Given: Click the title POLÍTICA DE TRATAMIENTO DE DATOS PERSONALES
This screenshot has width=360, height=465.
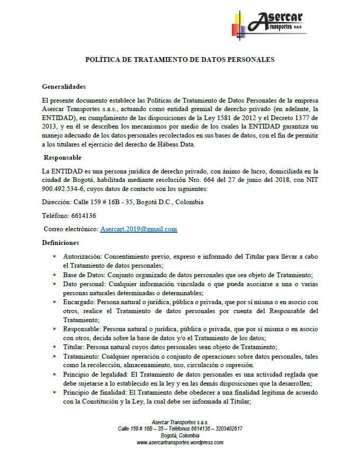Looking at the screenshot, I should tap(180, 60).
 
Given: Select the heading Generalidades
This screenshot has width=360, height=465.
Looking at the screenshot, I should tap(64, 87).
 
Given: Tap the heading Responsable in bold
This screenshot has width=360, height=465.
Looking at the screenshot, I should tap(62, 158).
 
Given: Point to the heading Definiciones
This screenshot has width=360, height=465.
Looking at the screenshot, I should tap(60, 243).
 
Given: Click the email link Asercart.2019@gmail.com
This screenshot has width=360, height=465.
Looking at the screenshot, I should tap(138, 229).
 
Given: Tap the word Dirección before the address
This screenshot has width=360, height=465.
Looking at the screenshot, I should tap(56, 202).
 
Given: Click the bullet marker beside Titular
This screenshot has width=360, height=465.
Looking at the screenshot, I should tap(55, 347).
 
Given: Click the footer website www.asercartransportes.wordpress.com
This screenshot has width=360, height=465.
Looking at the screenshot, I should tap(180, 442).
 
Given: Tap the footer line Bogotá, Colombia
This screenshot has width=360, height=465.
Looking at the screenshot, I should tap(180, 435).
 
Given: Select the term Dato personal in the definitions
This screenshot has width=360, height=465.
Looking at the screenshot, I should tap(83, 284).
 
